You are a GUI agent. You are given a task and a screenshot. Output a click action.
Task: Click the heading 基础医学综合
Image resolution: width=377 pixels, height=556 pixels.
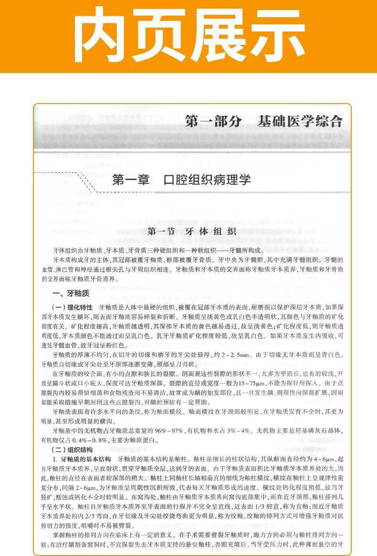click(300, 121)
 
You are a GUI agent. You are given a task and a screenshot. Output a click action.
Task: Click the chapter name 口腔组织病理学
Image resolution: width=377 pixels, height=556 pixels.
click(207, 180)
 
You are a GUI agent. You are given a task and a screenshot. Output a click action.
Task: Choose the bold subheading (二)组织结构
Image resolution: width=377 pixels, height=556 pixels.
click(71, 449)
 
